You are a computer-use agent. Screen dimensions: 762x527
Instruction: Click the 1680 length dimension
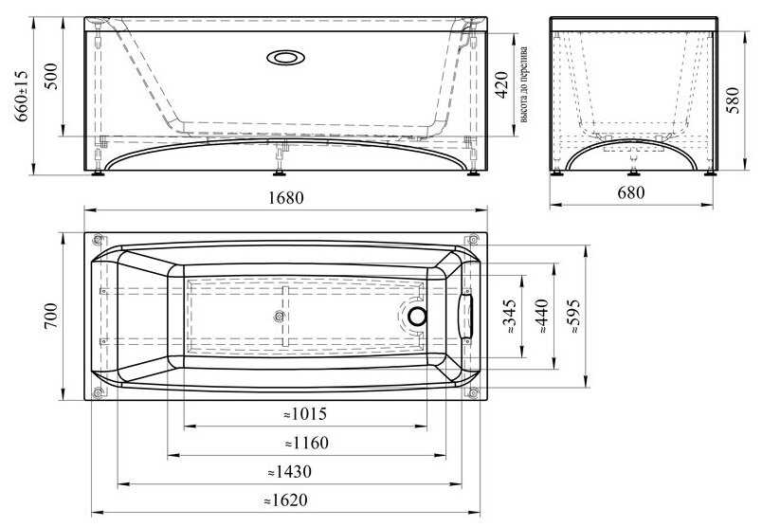point(286,198)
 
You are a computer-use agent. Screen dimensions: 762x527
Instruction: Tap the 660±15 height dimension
point(21,96)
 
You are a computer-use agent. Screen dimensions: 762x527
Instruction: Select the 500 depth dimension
point(50,77)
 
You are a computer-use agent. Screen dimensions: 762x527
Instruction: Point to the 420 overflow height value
point(502,84)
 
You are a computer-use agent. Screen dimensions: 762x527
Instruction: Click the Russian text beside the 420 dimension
point(523,84)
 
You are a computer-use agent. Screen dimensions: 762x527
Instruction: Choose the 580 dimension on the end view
point(733,100)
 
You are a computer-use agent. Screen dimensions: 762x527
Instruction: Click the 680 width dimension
point(631,193)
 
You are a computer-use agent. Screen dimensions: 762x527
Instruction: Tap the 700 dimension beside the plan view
point(50,316)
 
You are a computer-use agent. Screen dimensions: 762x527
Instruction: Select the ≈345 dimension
point(510,317)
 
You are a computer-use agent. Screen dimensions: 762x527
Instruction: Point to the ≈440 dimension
point(542,316)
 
